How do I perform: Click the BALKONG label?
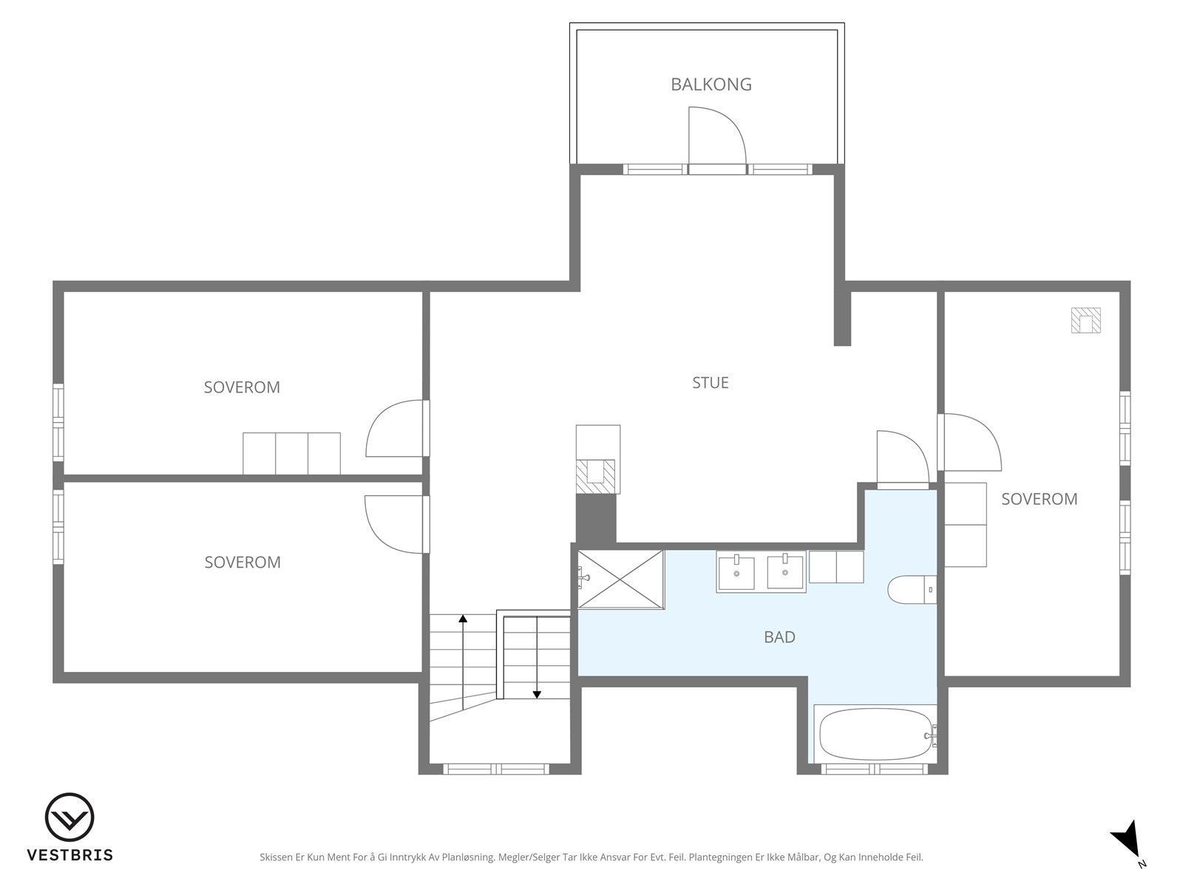coord(711,84)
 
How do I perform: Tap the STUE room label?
coord(711,383)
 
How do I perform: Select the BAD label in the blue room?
coord(779,637)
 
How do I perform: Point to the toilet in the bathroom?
coord(912,590)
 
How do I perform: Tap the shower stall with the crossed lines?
coord(621,580)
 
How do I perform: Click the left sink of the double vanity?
coord(736,573)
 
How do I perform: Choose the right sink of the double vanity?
coord(784,572)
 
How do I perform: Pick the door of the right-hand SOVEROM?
coord(987,431)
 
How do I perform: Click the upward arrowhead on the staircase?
coord(462,618)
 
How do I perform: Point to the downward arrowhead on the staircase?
coord(537,695)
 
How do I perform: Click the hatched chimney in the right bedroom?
coord(1085,321)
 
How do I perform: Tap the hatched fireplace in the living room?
coord(595,476)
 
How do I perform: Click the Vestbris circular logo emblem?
coord(70,818)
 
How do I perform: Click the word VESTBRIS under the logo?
coord(70,854)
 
